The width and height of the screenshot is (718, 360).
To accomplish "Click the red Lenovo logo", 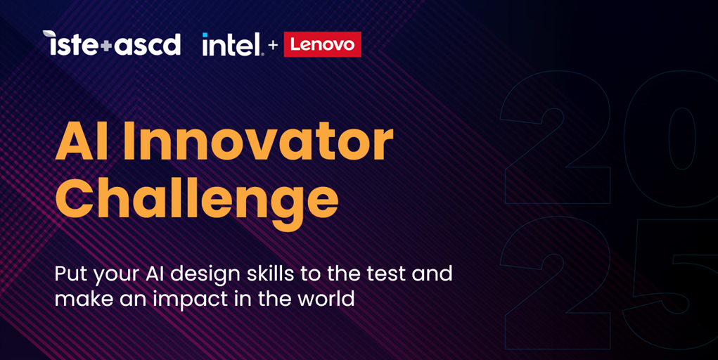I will (x=322, y=44).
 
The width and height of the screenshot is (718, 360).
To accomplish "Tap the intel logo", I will (x=231, y=44).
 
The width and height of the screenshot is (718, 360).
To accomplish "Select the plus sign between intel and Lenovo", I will (x=273, y=46).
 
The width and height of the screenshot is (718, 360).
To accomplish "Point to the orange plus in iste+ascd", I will (x=105, y=46).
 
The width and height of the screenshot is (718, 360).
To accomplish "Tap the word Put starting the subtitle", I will (x=70, y=274).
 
